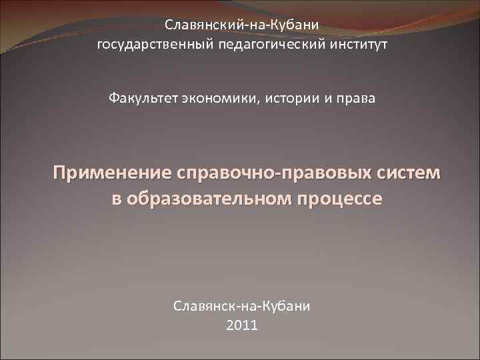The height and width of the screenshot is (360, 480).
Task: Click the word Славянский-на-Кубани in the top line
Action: point(242,25)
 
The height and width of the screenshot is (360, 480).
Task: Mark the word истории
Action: point(295,99)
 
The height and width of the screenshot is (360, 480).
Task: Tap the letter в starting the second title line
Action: point(117,199)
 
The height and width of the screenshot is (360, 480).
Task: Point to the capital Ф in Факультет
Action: point(115,99)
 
